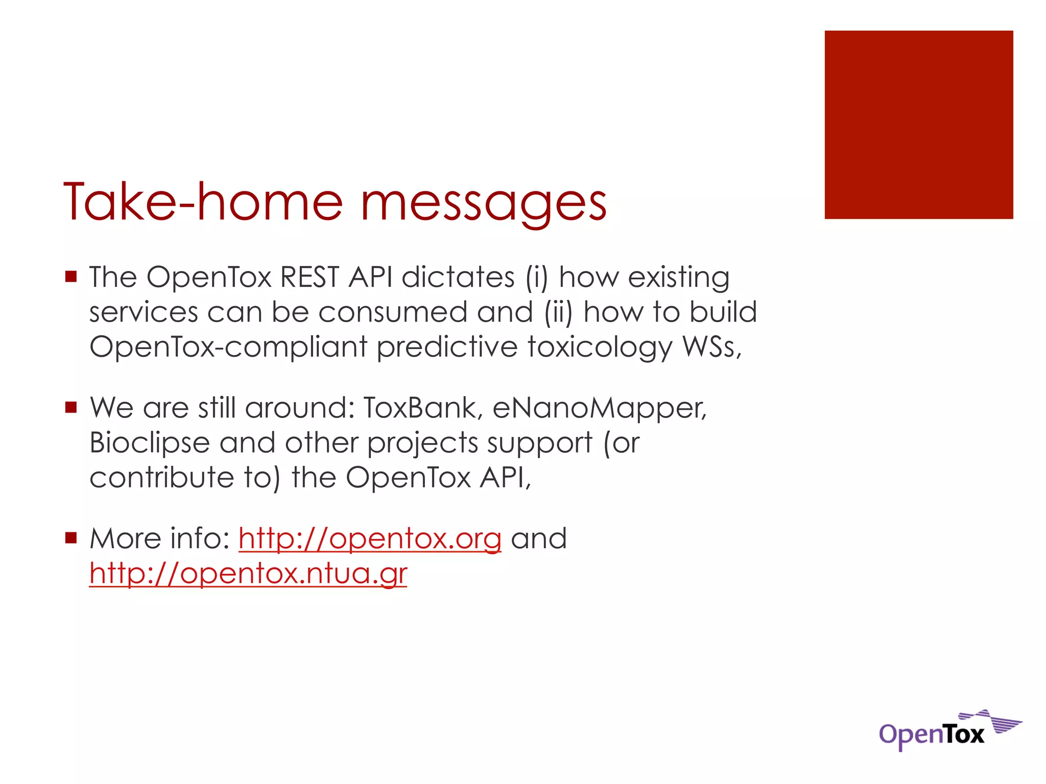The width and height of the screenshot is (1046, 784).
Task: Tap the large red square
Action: (x=918, y=125)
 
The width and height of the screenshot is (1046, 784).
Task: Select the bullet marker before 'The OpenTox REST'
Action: (x=71, y=277)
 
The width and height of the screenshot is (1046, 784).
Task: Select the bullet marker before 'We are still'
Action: (x=71, y=407)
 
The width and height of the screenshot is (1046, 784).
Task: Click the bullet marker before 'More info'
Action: (x=71, y=537)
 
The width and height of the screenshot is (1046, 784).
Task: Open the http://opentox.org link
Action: (x=370, y=539)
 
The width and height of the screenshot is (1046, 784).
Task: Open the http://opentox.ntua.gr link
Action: (x=248, y=574)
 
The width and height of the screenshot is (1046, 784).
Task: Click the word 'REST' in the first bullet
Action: (x=310, y=278)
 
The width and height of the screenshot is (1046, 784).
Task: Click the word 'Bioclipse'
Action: (x=150, y=443)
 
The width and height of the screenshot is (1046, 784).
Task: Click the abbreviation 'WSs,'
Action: (x=712, y=347)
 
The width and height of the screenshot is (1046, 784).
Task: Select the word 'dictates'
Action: (x=458, y=278)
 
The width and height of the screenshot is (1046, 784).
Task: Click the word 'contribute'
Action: (x=161, y=478)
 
